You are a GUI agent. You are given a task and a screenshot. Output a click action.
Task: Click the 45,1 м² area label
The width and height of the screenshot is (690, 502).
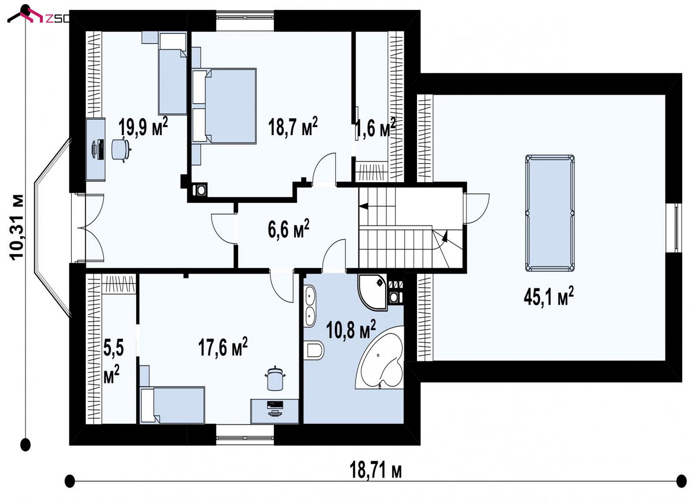pos(549,296)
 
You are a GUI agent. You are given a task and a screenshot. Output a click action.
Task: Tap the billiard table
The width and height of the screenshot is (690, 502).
pos(550,213)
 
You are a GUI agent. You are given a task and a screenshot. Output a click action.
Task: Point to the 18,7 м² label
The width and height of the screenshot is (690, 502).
pos(293,126)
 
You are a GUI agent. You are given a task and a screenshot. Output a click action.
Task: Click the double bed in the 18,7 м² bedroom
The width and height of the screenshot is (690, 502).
pos(224,106)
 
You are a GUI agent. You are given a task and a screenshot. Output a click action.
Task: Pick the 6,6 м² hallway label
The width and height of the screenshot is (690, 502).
pos(288,228)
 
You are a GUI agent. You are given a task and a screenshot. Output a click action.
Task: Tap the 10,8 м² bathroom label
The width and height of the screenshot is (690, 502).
pos(351,329)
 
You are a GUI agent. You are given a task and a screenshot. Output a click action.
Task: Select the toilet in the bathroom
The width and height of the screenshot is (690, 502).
pos(314,350)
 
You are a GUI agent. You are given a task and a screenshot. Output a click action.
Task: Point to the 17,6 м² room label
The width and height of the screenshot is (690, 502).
pos(223,347)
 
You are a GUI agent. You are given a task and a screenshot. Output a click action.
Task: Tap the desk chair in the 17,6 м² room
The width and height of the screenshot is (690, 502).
pos(275,379)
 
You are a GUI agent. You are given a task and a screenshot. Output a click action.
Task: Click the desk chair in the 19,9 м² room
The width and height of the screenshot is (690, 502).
pos(121,149)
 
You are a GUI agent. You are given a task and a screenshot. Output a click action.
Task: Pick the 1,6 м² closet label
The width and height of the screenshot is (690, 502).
pos(375,127)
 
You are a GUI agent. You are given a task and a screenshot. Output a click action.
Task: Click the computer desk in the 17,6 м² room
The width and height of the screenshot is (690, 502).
pos(274,411)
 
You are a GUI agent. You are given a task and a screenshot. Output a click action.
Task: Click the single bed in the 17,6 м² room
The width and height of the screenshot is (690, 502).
pos(172,405)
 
